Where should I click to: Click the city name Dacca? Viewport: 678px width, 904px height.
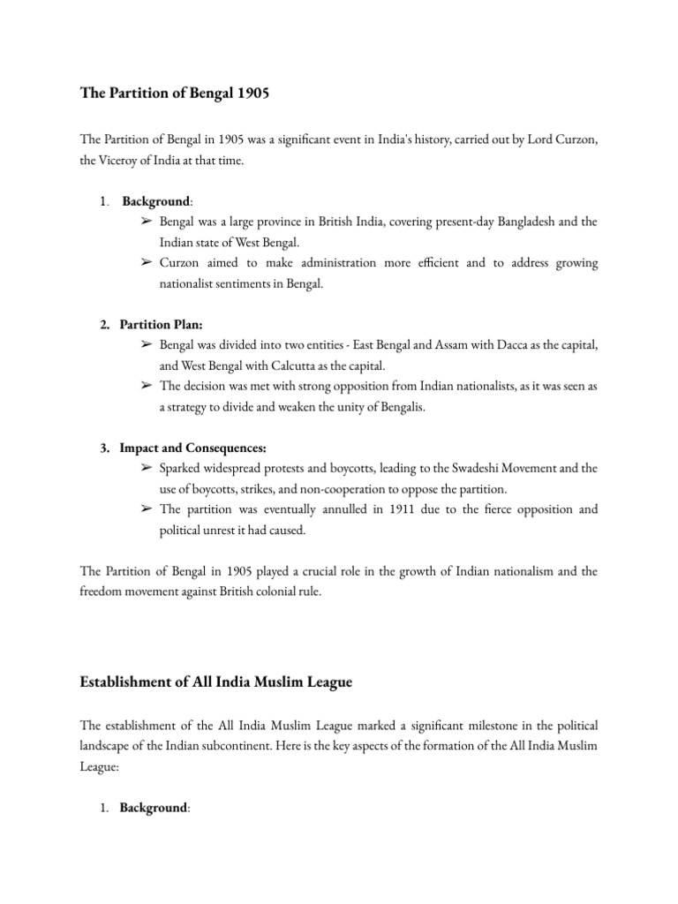pyautogui.click(x=508, y=343)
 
